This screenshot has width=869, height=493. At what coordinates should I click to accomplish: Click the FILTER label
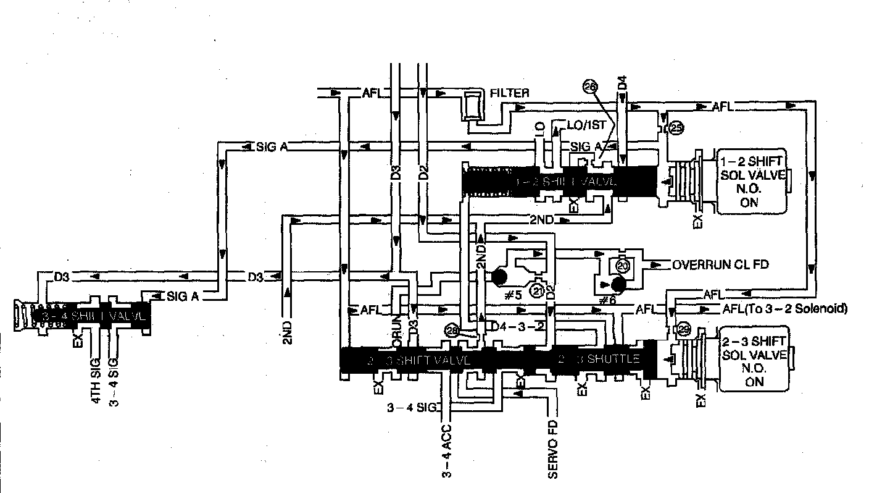click(509, 93)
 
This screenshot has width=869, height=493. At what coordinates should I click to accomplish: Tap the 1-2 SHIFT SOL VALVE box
click(752, 180)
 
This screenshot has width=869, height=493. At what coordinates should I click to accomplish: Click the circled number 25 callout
click(676, 128)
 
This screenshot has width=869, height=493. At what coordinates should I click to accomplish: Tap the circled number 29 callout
click(683, 329)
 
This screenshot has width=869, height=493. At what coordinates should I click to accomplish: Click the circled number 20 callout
click(622, 266)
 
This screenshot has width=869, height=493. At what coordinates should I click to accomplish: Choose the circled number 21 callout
click(538, 291)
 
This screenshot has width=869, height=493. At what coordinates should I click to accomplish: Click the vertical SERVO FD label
click(552, 450)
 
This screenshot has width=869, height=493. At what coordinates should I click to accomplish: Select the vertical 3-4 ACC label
click(447, 450)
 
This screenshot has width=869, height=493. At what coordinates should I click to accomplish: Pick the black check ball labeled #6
click(618, 285)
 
